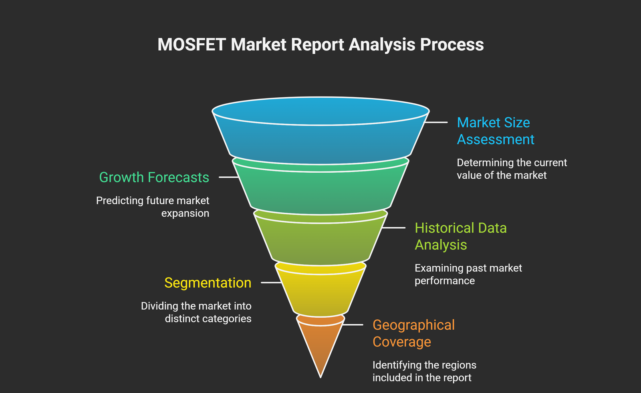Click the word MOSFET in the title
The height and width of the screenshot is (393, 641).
click(x=191, y=44)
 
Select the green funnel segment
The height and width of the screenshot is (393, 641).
click(x=320, y=190)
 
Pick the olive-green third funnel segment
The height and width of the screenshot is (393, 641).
click(x=320, y=242)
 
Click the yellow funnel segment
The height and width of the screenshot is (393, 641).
click(x=320, y=292)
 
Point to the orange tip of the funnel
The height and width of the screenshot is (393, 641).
click(x=320, y=345)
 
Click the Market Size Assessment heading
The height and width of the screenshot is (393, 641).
click(x=495, y=131)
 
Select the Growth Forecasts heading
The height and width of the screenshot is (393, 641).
click(x=154, y=177)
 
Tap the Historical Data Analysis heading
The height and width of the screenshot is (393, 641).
click(x=460, y=236)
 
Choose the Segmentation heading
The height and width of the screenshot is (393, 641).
click(x=208, y=283)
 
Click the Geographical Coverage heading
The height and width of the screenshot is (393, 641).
click(x=413, y=333)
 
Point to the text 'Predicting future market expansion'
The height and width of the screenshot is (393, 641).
click(x=153, y=207)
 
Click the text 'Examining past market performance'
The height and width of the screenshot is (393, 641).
click(x=468, y=274)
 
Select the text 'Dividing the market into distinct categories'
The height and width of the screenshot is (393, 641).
click(x=196, y=312)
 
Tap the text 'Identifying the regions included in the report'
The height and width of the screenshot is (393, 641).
click(x=424, y=371)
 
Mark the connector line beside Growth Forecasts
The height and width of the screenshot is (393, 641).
click(x=229, y=177)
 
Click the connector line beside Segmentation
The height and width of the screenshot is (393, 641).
click(x=271, y=282)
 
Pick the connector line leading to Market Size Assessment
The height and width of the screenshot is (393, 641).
click(x=436, y=122)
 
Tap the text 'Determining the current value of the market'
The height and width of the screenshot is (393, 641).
click(x=512, y=169)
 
